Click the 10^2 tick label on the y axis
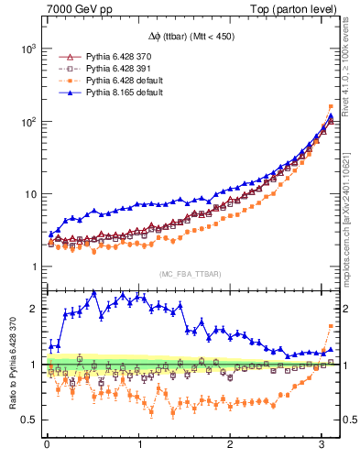click(x=26, y=121)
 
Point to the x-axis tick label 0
click(x=47, y=445)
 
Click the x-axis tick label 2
click(x=231, y=445)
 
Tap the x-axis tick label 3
click(x=322, y=445)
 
